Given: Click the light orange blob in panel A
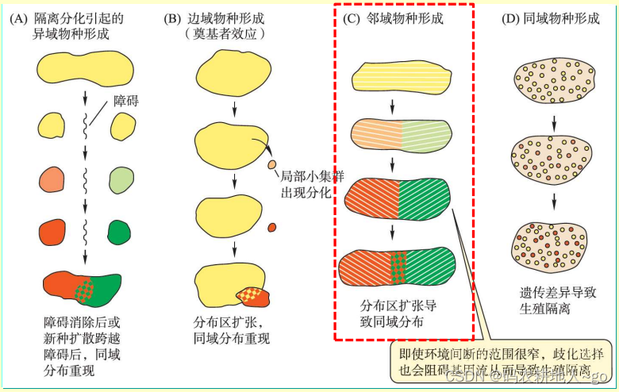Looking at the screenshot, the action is pyautogui.click(x=53, y=178).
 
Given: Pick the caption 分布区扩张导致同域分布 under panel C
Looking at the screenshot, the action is pyautogui.click(x=398, y=313).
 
